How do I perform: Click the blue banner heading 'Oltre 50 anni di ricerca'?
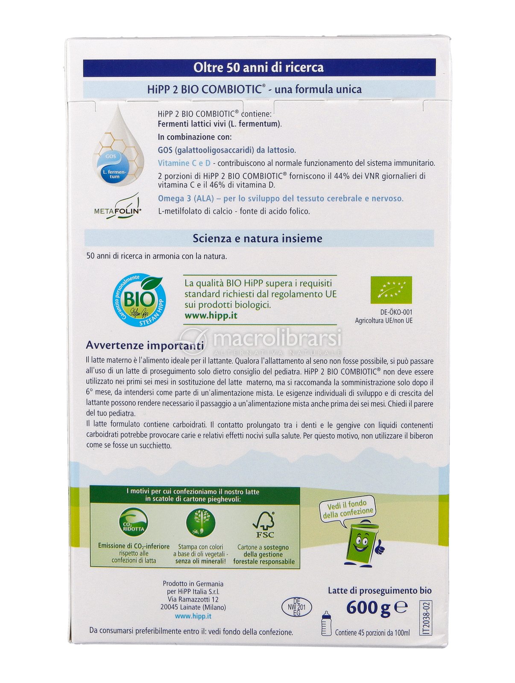(258, 67)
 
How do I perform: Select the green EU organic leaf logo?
(391, 290)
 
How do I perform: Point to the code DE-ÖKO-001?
(396, 312)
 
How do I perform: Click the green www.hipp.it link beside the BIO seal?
(211, 316)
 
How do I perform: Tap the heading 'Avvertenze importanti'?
(145, 345)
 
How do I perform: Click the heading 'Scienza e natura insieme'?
(257, 238)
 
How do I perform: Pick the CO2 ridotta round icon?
(133, 523)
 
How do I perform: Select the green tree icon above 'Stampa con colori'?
(201, 523)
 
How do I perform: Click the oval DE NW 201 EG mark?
(297, 607)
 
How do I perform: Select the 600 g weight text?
(368, 607)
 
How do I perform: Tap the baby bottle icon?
(326, 623)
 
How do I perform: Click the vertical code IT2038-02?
(425, 618)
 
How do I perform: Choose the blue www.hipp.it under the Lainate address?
(193, 616)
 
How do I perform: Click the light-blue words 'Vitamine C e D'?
(184, 163)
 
